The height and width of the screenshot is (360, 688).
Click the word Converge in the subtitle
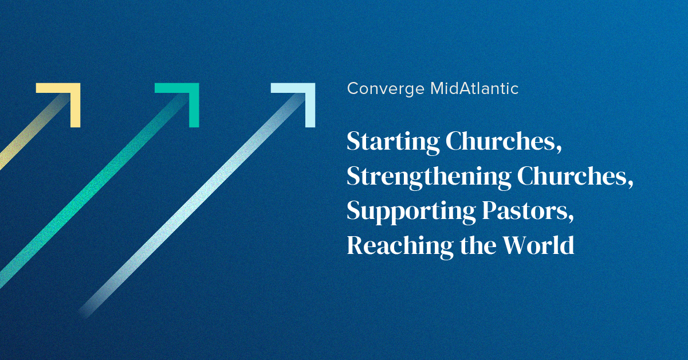coord(386,89)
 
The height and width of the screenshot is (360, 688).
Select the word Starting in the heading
coord(391,143)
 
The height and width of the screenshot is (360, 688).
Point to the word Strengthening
coord(428,177)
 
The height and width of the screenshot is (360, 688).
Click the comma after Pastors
coord(571,218)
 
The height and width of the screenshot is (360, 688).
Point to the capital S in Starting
coord(354,142)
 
